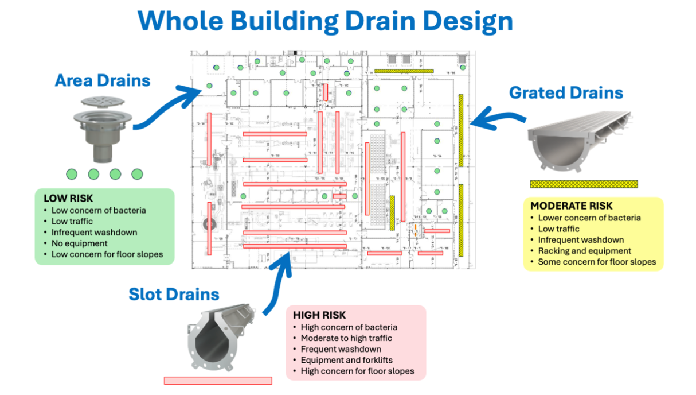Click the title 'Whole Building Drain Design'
tap(325, 21)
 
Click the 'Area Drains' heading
tap(103, 80)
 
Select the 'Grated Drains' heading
tap(566, 92)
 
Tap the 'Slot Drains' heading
tap(174, 295)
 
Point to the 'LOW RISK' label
tap(64, 199)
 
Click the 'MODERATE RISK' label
tap(571, 206)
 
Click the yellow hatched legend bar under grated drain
tap(584, 184)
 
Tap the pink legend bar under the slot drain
tap(218, 381)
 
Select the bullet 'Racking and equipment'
tap(584, 251)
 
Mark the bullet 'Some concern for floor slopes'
tap(596, 262)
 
